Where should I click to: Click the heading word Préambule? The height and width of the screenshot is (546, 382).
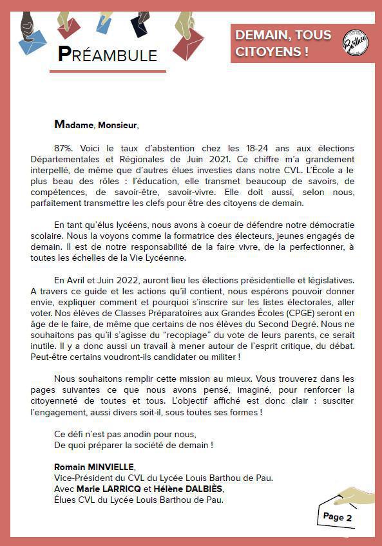107,55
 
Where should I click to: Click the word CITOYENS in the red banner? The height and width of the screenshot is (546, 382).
264,52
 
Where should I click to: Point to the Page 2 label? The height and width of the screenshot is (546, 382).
337,516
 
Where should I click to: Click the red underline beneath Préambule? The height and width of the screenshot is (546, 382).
108,71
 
